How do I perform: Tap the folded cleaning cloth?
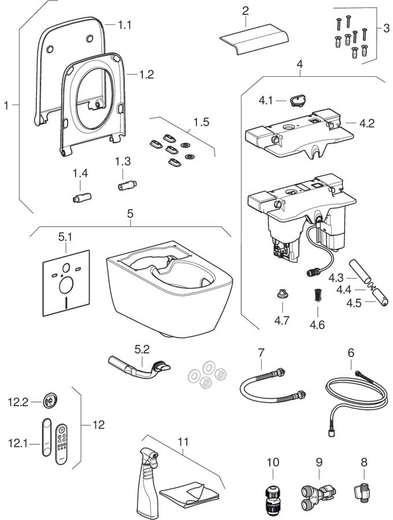(190, 494)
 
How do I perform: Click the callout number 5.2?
(142, 349)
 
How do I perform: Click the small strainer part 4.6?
(317, 295)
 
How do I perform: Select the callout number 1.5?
(202, 122)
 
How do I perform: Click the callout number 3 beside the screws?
(387, 28)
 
